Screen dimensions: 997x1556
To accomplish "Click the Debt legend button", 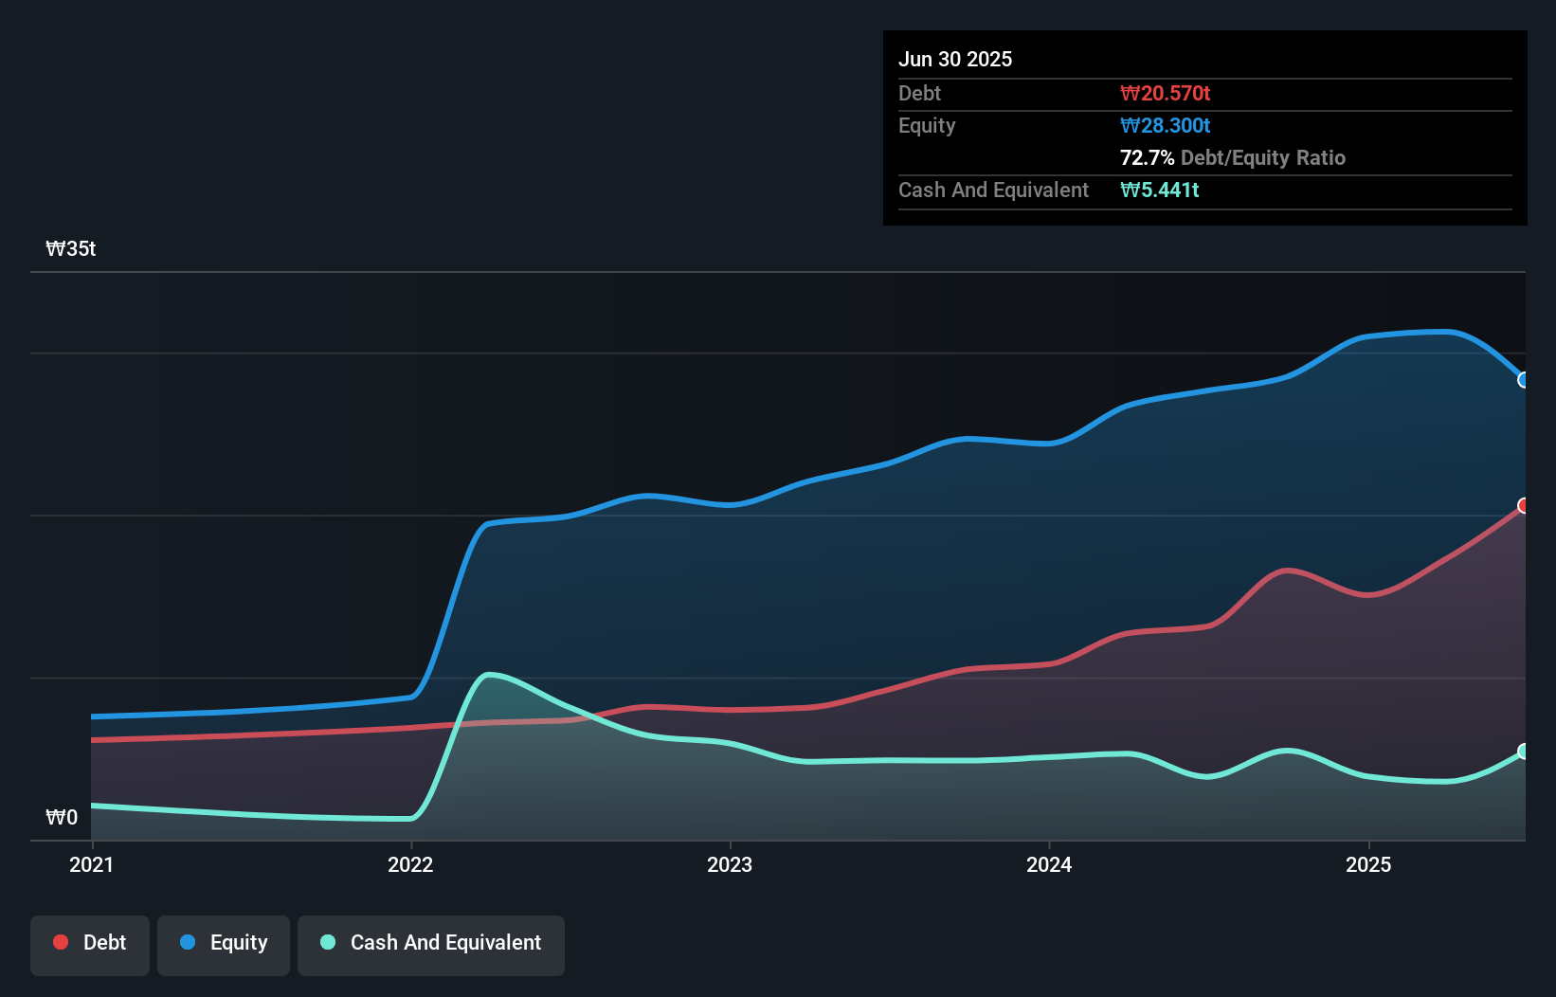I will click(x=90, y=943).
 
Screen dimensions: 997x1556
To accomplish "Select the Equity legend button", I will click(x=224, y=943).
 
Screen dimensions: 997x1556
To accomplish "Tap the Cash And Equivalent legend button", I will click(x=431, y=943).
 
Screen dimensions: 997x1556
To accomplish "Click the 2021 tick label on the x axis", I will click(x=92, y=864).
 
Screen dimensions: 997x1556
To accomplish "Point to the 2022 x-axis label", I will click(x=410, y=864).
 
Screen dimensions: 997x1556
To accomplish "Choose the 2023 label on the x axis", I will click(x=730, y=864).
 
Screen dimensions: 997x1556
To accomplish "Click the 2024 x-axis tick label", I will click(x=1049, y=864).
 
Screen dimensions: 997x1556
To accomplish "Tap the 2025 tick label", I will click(x=1368, y=864).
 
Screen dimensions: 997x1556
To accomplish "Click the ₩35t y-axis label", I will click(x=71, y=249).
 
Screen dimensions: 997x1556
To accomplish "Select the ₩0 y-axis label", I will click(x=62, y=817).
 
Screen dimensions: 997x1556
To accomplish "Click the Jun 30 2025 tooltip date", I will click(x=955, y=59).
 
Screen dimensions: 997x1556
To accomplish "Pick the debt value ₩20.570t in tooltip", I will click(x=1165, y=93).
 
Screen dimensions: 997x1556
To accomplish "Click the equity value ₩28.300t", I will click(x=1165, y=125).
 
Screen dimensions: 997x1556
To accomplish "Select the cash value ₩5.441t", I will click(x=1159, y=190).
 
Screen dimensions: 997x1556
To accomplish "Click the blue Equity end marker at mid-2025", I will click(x=1524, y=380).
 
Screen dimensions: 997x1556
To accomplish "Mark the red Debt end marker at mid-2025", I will click(x=1524, y=505).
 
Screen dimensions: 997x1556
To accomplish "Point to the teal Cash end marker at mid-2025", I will click(x=1524, y=752).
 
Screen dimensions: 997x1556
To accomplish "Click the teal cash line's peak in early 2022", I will click(x=488, y=675).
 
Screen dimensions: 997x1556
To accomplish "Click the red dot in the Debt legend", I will click(x=61, y=942).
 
